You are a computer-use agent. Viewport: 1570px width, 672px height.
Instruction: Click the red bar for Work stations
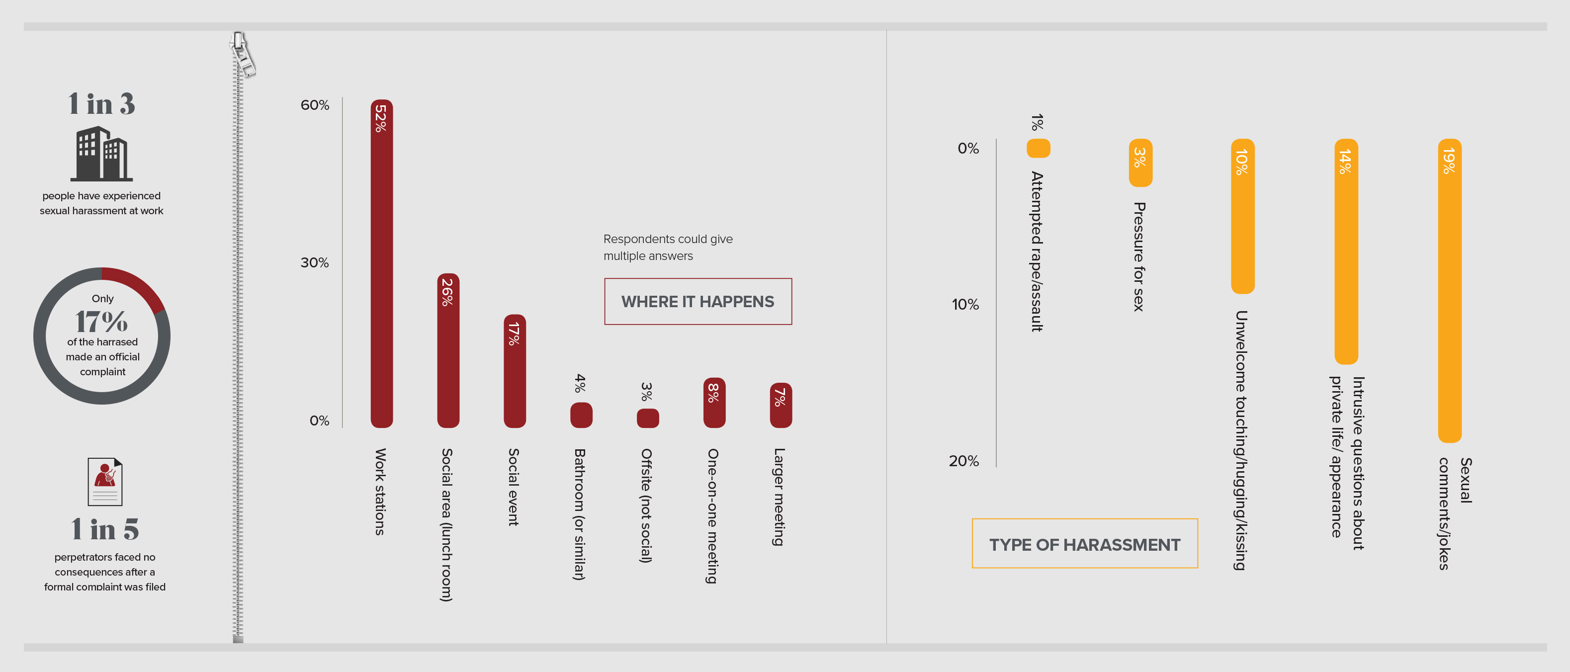coord(381,263)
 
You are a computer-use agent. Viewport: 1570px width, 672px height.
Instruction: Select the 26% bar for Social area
coord(448,350)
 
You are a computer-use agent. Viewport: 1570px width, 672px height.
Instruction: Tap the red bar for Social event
coord(515,371)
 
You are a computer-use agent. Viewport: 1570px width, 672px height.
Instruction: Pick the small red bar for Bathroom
coord(581,415)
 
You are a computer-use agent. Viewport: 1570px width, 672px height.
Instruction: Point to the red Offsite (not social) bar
coord(647,418)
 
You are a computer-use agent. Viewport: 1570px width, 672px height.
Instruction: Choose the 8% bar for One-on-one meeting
coord(714,402)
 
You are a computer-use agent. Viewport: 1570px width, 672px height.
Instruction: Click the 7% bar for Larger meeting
coord(780,405)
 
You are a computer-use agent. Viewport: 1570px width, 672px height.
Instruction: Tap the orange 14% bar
coord(1346,252)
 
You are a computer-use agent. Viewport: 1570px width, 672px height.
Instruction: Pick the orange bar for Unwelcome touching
coord(1243,216)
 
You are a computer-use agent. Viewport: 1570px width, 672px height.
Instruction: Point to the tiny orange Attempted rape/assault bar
coord(1038,148)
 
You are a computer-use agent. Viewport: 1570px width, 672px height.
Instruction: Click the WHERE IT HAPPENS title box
coord(698,302)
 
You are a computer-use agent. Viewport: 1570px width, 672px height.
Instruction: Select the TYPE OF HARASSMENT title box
coord(1084,543)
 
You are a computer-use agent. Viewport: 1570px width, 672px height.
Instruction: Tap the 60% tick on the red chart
coord(315,105)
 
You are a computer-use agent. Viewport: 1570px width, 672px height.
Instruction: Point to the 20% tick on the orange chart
coord(963,461)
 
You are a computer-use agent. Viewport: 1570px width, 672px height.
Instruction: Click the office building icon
coord(101,154)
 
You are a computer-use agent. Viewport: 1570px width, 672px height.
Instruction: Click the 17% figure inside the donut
coord(102,321)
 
